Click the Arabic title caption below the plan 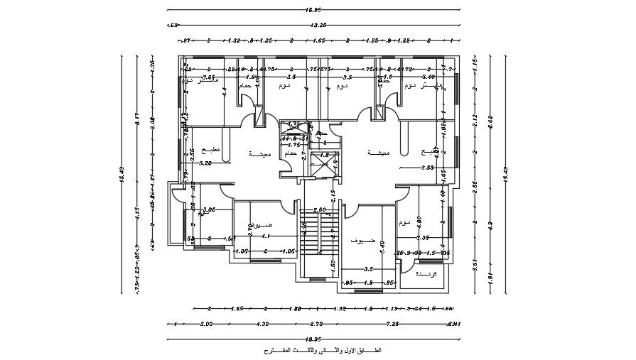coord(322,351)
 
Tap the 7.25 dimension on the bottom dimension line coord(392,324)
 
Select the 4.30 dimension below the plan coord(262,324)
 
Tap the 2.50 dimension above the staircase coord(320,209)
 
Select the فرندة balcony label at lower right coord(424,273)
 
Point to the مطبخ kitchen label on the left coord(212,150)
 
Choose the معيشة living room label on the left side coord(259,153)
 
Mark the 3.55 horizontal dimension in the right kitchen coord(426,168)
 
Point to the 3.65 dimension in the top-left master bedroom coord(208,77)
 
